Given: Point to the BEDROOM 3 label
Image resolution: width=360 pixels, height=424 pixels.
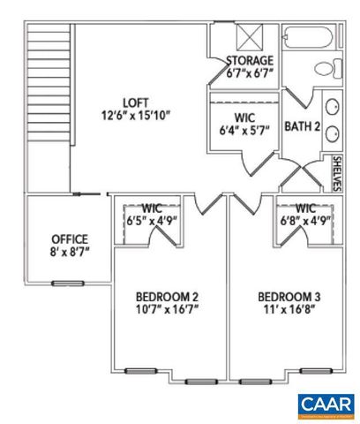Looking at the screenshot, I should coord(287,296).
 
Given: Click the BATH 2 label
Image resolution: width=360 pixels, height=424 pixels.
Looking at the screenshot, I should coord(301,126).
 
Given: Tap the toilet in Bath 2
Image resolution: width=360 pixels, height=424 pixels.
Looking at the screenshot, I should coord(325,68).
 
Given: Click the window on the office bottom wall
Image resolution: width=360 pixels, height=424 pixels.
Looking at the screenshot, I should coord(64,283).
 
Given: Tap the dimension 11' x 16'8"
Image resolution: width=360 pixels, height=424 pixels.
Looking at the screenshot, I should coord(287,309).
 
